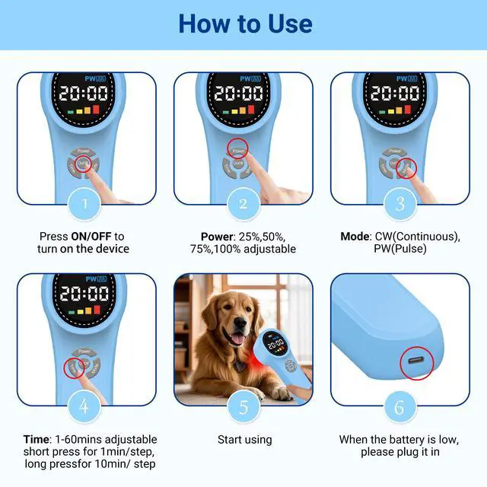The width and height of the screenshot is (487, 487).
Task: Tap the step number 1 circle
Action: pos(86,203)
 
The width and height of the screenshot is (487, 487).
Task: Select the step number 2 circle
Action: pos(243,203)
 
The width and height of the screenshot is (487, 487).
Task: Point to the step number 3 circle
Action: pos(399,203)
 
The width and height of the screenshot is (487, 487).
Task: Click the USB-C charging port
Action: pos(416,361)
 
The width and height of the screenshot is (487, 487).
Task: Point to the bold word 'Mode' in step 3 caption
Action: pos(355,236)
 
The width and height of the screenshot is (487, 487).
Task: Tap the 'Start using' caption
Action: pos(243,440)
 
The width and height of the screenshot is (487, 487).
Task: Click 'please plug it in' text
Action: pos(399,452)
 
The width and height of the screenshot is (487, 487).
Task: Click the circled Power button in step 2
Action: pos(238,150)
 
